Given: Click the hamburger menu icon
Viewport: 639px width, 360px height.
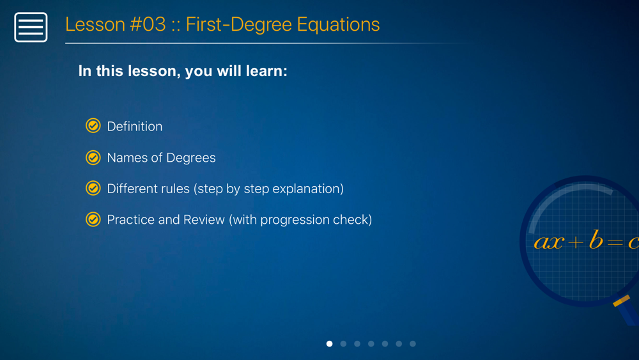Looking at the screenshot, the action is [x=31, y=27].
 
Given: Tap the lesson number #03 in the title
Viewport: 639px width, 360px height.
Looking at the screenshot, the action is [x=148, y=24].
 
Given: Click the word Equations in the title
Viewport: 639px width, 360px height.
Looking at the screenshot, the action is [x=338, y=25].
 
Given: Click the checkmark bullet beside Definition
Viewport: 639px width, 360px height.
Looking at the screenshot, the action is [x=93, y=125].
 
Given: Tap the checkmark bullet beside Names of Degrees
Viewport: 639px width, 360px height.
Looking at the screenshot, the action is [x=93, y=157].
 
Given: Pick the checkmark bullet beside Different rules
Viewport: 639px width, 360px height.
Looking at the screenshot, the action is [x=93, y=188].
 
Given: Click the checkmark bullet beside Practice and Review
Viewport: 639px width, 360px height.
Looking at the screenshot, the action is [x=93, y=219].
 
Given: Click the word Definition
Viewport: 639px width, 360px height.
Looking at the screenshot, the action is [x=134, y=127].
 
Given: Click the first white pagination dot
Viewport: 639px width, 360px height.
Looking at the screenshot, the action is [x=329, y=343].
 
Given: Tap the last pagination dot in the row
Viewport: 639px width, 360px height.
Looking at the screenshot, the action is [x=413, y=343].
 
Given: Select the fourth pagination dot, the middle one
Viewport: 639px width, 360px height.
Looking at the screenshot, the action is [x=371, y=343].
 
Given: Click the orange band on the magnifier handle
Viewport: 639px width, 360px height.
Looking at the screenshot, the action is [x=622, y=301].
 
